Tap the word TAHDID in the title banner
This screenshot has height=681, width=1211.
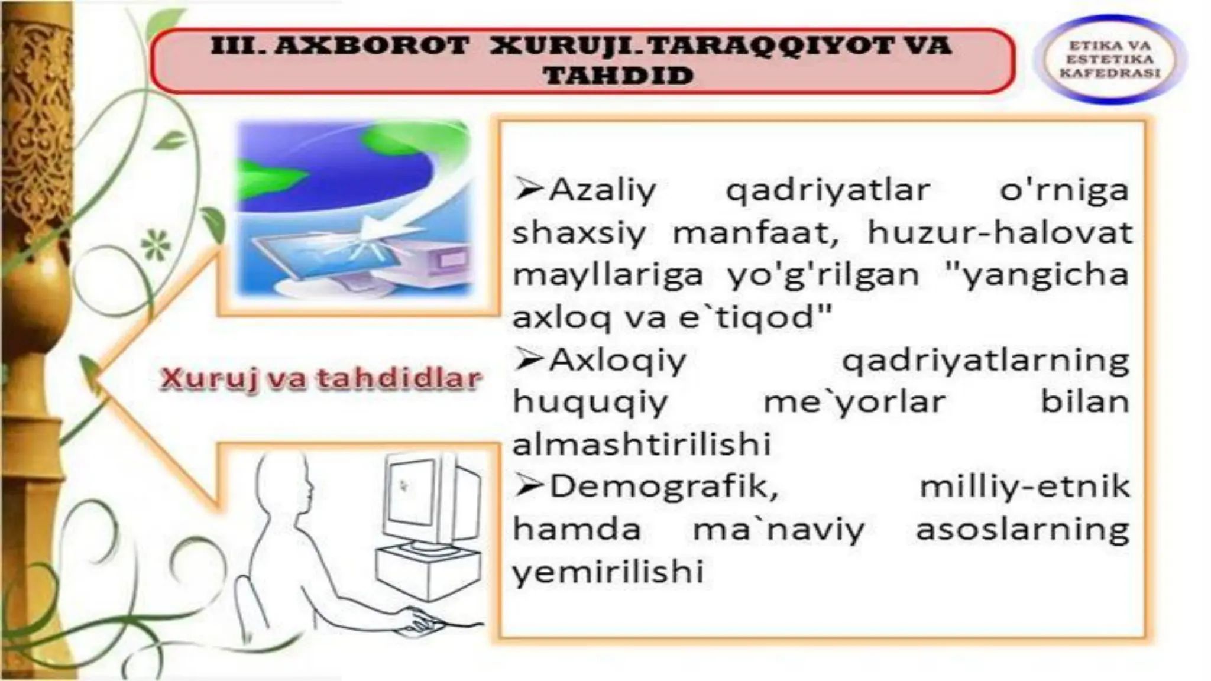click(619, 76)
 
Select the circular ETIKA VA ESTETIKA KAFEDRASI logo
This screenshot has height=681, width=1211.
click(1109, 59)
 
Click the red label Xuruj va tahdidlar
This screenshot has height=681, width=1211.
click(320, 378)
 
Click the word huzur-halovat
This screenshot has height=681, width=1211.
click(999, 232)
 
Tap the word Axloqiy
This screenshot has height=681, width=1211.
click(617, 360)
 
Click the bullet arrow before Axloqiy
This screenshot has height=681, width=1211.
click(529, 359)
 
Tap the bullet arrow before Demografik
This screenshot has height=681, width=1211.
click(529, 486)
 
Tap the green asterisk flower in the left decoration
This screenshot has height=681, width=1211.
click(155, 244)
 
